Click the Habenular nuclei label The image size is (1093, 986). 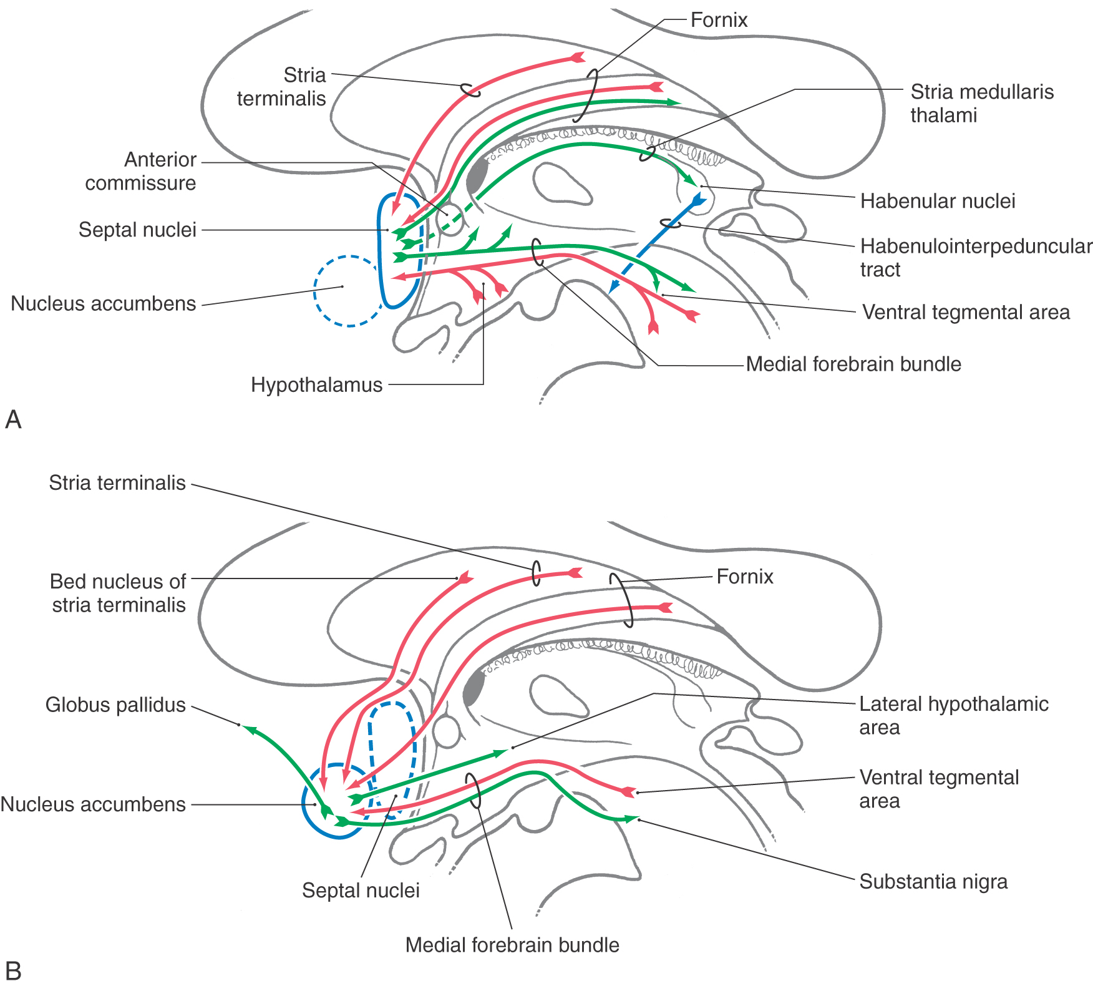[937, 201]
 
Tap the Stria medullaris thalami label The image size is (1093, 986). [981, 104]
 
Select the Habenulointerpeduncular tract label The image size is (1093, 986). [975, 257]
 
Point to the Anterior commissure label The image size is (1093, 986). [141, 171]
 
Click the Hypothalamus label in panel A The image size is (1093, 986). [316, 385]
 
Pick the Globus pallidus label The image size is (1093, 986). [115, 705]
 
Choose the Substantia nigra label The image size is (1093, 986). [933, 882]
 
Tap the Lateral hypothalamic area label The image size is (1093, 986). [953, 715]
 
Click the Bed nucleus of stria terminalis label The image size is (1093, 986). [118, 593]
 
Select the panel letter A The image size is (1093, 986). [13, 420]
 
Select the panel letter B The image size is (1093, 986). [13, 971]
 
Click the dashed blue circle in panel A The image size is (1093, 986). [347, 291]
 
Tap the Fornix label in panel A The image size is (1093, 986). [719, 20]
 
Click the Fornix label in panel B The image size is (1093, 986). [744, 577]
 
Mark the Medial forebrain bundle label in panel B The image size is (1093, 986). [512, 945]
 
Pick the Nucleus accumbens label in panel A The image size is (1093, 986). [104, 304]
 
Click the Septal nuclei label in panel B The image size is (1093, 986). [361, 891]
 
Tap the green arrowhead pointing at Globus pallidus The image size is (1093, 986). [248, 728]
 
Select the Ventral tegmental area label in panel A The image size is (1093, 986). [966, 312]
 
